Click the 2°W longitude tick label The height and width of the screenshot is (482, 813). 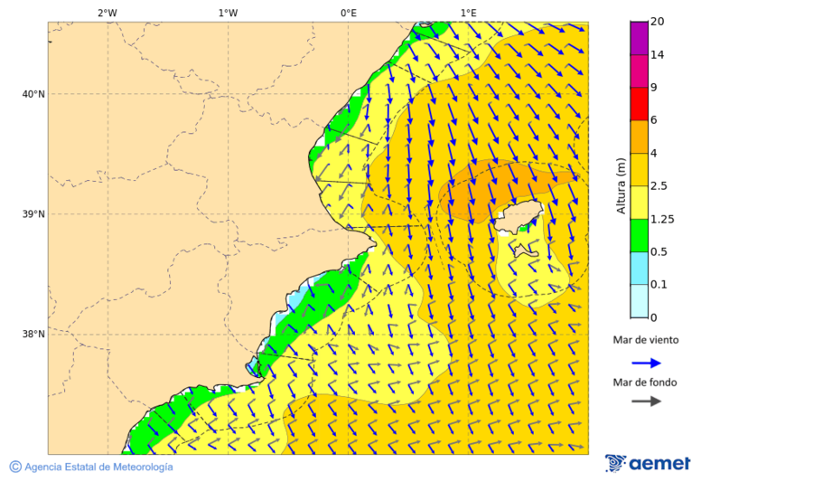click(x=107, y=13)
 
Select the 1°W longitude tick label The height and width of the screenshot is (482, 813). click(x=228, y=13)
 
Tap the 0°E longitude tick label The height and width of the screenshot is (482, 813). click(x=348, y=13)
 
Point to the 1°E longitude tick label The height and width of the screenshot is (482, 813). click(x=468, y=13)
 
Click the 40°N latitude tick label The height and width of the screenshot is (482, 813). click(x=33, y=94)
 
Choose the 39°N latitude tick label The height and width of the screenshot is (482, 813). click(x=33, y=214)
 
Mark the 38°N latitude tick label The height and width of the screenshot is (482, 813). click(x=33, y=335)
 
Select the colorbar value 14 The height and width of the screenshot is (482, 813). click(x=657, y=55)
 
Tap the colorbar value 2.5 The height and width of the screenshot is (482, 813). click(x=660, y=186)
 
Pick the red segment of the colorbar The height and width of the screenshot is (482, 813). click(x=639, y=104)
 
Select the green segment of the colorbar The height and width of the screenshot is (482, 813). click(x=639, y=235)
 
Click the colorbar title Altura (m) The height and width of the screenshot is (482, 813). click(x=621, y=185)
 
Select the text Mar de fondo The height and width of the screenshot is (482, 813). click(x=644, y=383)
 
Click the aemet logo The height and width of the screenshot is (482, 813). click(x=648, y=463)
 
